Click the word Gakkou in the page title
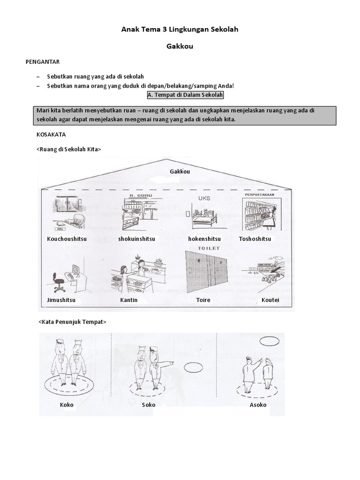coord(180,47)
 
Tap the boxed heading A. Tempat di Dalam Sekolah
coord(186,95)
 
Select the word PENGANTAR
coord(42,61)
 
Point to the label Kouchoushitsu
coord(67,239)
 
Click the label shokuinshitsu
coord(137,239)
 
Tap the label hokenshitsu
coord(204,239)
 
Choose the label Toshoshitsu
coord(255,239)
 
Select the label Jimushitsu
coord(61,300)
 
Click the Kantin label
coord(129,300)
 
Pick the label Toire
coord(203,300)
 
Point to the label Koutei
coord(264,300)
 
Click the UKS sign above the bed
coord(204,198)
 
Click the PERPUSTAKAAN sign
coord(259,194)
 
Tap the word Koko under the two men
coord(67,405)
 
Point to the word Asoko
coord(258,405)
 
